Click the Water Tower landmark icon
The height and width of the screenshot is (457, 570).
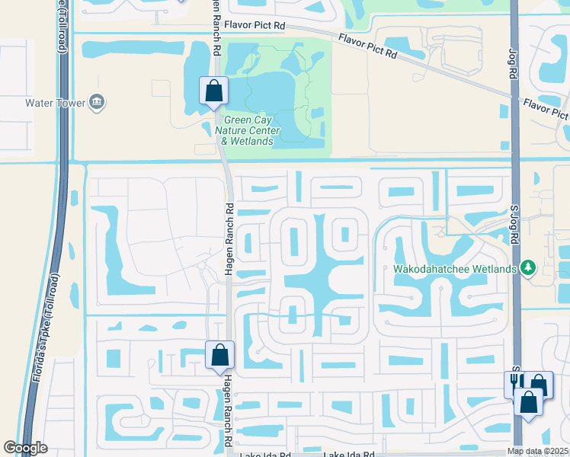click(97, 102)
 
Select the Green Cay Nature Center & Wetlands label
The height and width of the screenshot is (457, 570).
click(251, 130)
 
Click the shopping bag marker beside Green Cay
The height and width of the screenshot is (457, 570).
click(213, 91)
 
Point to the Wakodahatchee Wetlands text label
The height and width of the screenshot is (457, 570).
click(455, 268)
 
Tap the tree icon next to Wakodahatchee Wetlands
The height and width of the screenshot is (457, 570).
click(527, 268)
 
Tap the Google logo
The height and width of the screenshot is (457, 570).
click(25, 448)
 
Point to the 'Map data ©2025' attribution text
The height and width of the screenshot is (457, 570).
click(538, 451)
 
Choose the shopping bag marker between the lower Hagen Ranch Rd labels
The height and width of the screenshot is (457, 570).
click(219, 355)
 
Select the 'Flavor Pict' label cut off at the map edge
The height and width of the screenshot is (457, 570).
click(546, 109)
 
